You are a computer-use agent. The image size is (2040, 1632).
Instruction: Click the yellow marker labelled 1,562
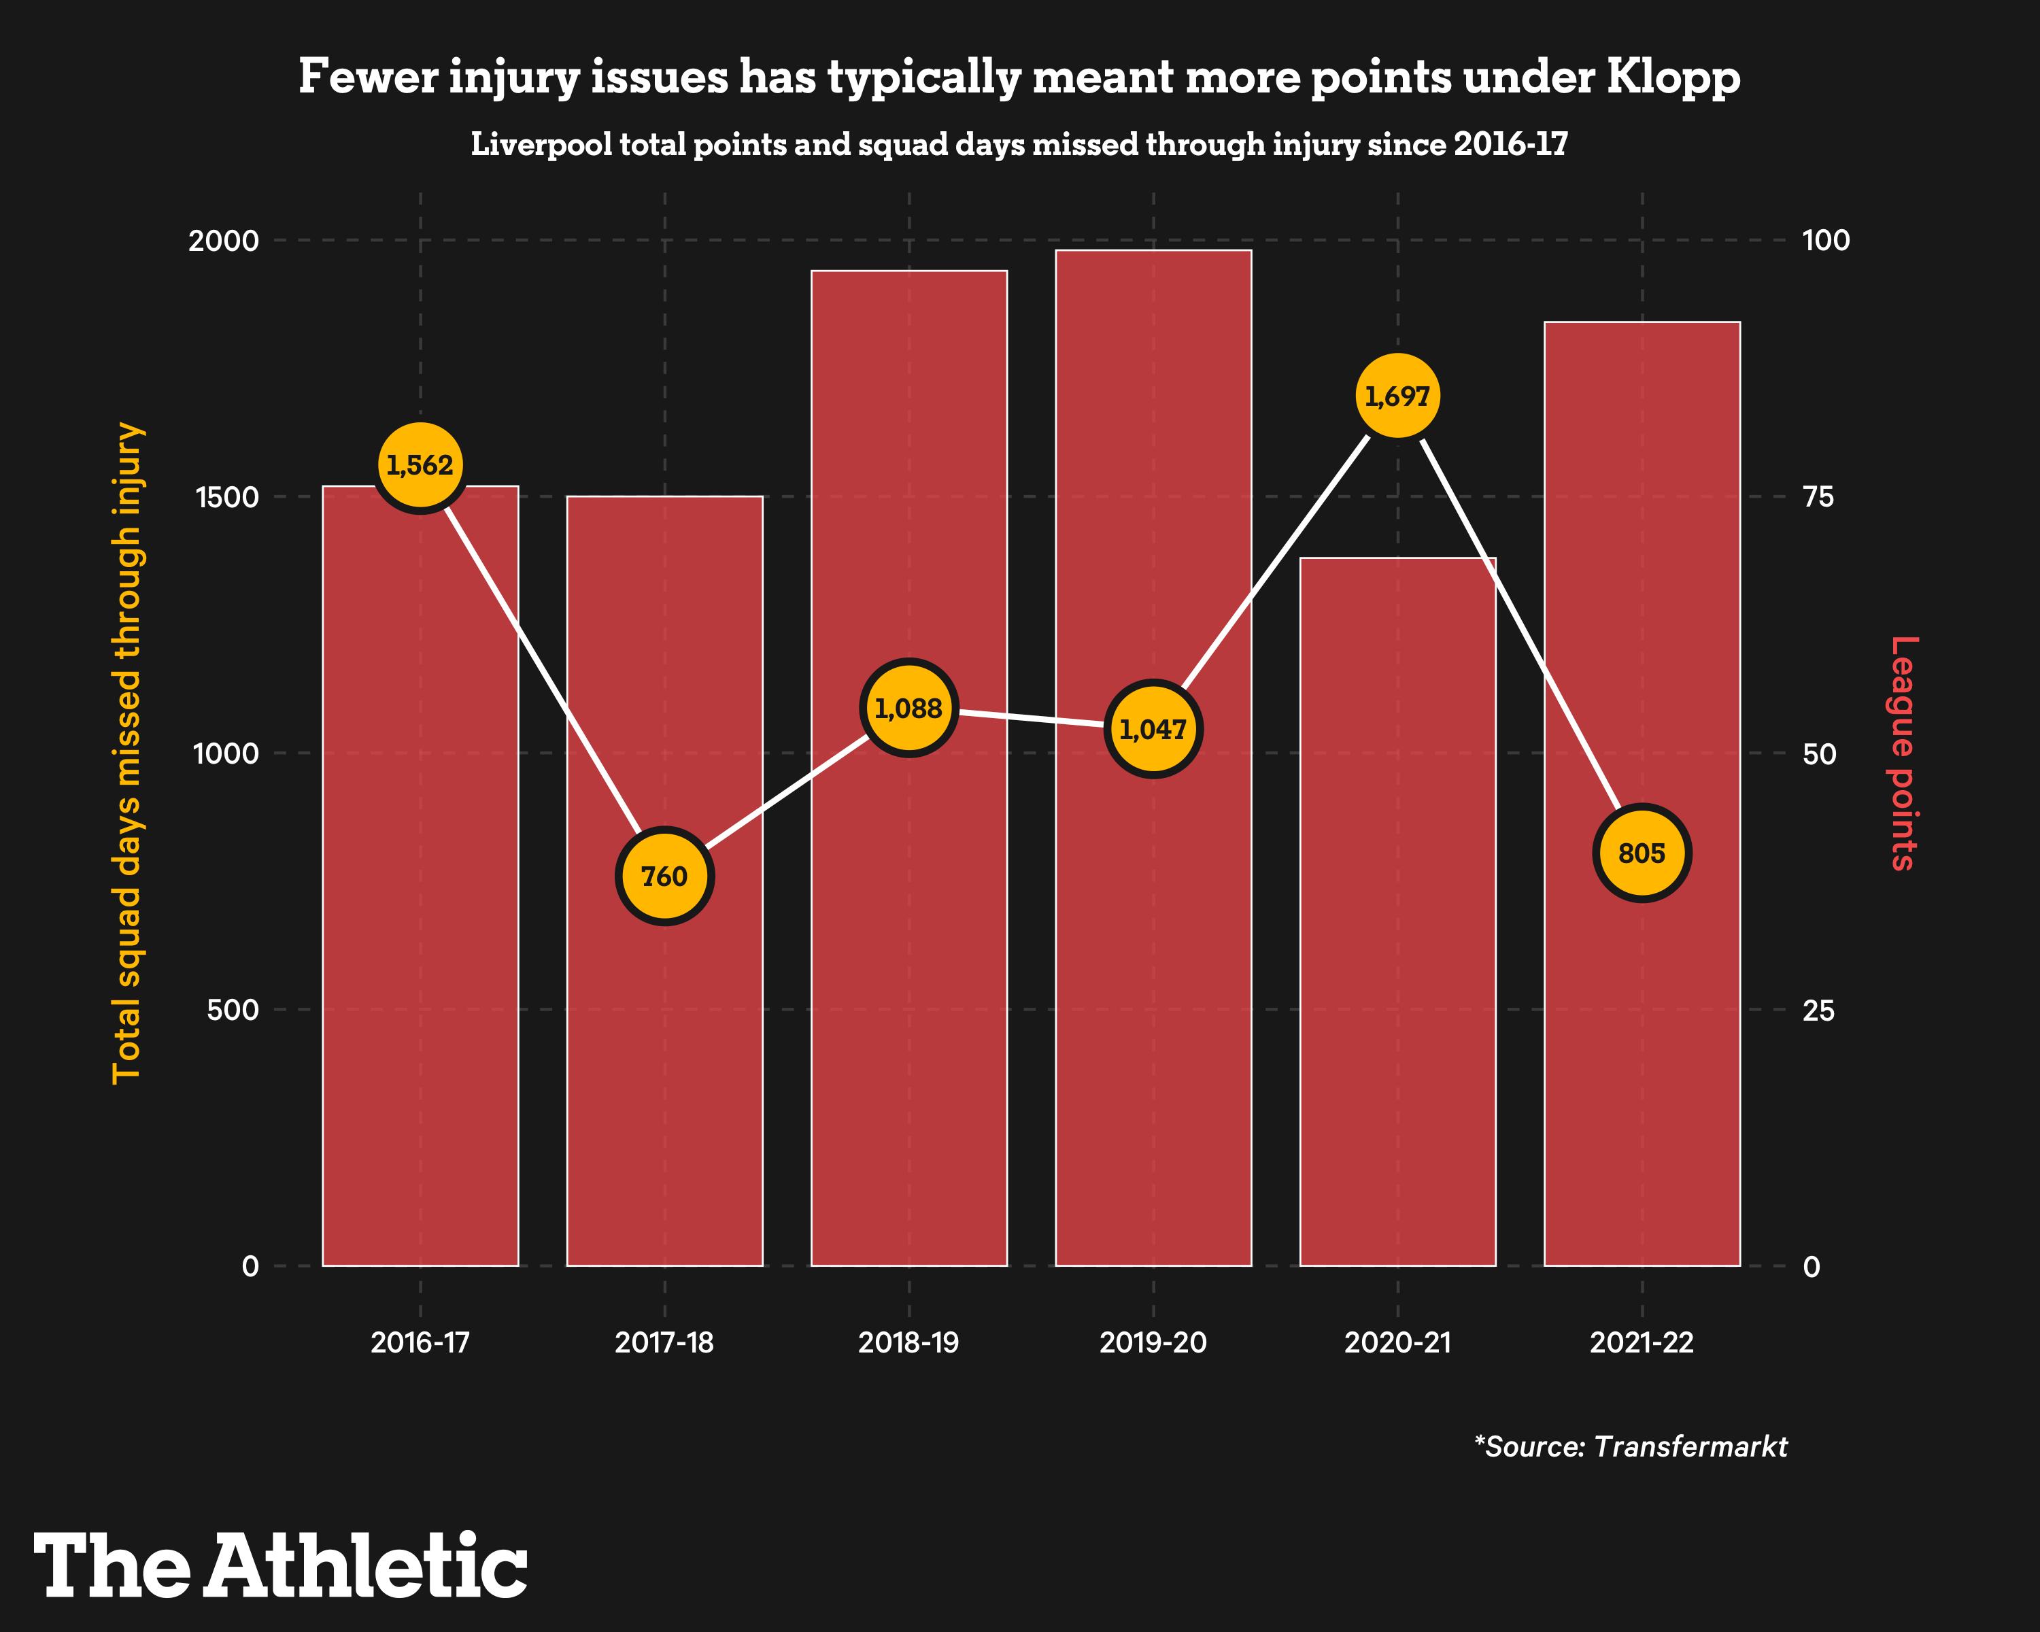(420, 466)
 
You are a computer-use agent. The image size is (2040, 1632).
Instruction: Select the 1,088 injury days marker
(908, 708)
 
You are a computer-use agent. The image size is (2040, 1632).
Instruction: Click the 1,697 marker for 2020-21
(1397, 396)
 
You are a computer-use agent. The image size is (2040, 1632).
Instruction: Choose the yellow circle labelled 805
(1642, 853)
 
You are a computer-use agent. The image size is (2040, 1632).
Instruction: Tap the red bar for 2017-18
(664, 1088)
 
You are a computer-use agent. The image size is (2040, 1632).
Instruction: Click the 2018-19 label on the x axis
(908, 1342)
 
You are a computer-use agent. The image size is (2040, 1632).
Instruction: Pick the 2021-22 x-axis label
(1642, 1342)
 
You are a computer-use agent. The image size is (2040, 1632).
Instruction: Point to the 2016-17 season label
(420, 1342)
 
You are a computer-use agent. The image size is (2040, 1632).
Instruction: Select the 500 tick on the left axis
(233, 1010)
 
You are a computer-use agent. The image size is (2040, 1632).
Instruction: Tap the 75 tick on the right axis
(1818, 496)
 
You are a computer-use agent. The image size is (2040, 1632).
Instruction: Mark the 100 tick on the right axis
(1825, 240)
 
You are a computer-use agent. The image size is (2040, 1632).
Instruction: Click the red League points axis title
(1903, 753)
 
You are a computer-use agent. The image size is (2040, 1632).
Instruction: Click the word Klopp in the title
(1673, 78)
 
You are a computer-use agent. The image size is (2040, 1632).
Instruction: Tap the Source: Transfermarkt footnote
(1631, 1446)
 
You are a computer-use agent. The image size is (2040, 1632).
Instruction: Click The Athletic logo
(280, 1566)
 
